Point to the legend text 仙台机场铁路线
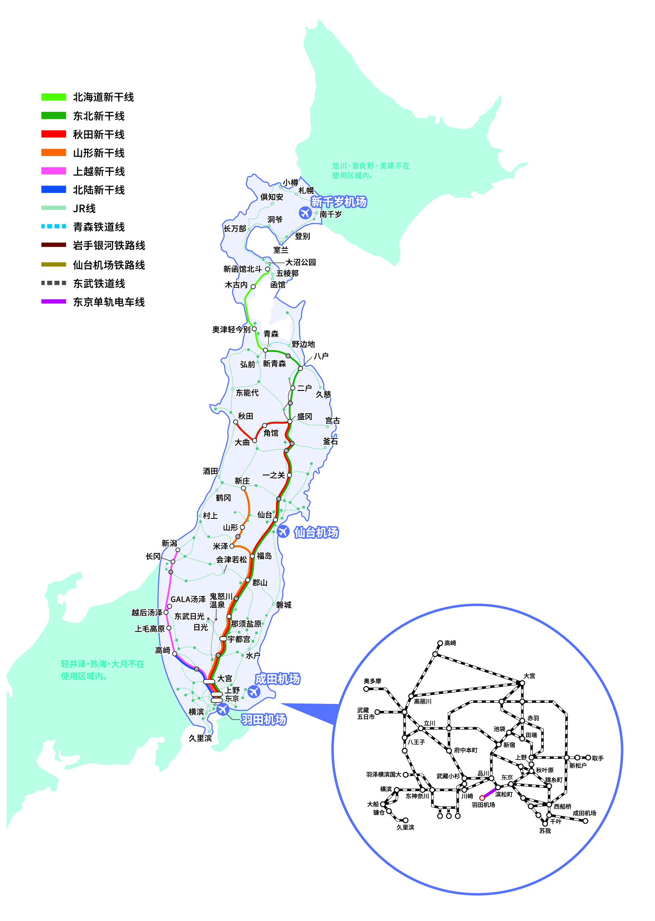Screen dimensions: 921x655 pos(108,265)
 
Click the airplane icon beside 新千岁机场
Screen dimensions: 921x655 pos(305,213)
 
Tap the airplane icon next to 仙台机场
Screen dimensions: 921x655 pos(283,532)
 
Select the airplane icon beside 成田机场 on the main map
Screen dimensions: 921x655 pos(254,691)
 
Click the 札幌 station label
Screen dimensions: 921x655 pos(306,191)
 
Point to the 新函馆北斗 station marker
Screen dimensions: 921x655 pos(267,269)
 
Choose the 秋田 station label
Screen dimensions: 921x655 pos(245,416)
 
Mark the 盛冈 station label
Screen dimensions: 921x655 pos(305,417)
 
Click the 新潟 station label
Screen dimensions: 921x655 pos(169,543)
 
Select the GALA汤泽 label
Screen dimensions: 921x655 pos(188,599)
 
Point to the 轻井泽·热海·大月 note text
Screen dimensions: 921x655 pos(103,670)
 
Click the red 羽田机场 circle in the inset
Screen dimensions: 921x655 pos(481,798)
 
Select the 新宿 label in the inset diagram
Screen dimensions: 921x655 pos(509,745)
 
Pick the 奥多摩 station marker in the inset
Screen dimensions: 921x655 pos(366,689)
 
